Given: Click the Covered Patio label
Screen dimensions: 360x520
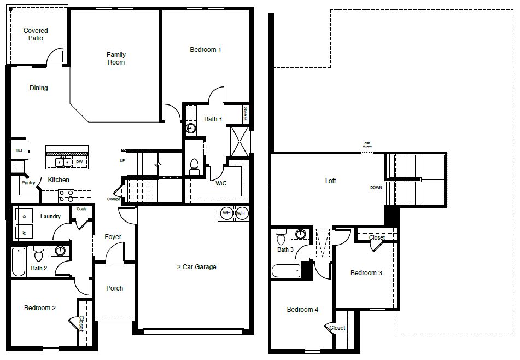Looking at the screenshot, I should coord(36,34).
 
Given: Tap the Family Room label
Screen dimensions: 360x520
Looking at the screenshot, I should coord(116,59).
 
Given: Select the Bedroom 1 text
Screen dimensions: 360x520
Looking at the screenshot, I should coord(205,50).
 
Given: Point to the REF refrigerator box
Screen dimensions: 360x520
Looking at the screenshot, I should coord(19,150).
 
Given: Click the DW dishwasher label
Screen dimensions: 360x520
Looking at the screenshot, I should coord(79,162).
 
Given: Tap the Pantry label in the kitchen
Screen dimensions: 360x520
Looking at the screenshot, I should coord(28,183).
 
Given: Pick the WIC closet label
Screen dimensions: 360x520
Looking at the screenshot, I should coord(221,183).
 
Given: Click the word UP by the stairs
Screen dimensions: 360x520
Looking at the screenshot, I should coord(122,160).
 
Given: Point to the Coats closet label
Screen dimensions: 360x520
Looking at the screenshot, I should coord(81,209).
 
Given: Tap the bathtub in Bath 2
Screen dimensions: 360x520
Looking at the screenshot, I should coord(19,263).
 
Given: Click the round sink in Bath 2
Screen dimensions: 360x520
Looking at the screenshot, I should coord(61,251).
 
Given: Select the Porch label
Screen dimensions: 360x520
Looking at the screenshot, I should coord(114,288).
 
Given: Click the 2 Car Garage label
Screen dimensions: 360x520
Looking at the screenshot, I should coord(196,267).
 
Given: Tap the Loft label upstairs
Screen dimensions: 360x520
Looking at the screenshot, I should coord(330,181).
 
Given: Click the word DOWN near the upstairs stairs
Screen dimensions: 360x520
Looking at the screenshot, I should coord(376,187).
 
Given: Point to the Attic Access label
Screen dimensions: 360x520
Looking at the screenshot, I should coord(367,146).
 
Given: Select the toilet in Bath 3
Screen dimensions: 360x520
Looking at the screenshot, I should coord(282,238).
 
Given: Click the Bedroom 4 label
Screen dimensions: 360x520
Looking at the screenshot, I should coord(302,310).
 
